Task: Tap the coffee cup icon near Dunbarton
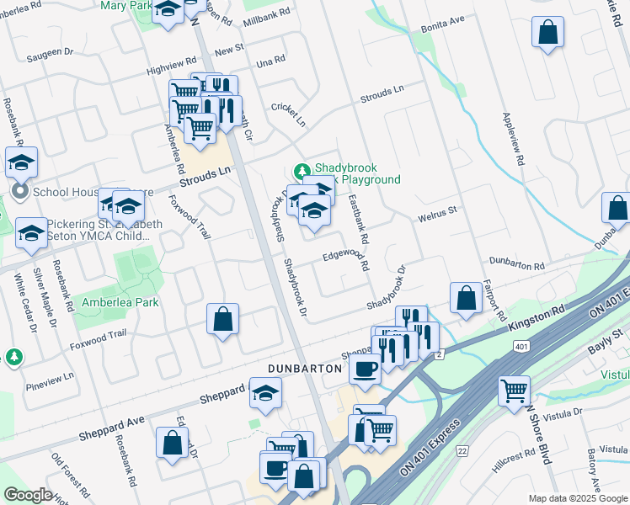364,368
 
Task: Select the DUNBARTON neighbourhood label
304,369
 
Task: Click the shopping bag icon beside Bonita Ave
547,34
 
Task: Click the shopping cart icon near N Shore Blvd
514,391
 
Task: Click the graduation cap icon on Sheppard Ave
264,394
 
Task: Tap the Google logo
28,495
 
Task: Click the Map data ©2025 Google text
577,498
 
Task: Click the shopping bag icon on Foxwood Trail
223,319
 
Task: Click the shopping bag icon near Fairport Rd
465,297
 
